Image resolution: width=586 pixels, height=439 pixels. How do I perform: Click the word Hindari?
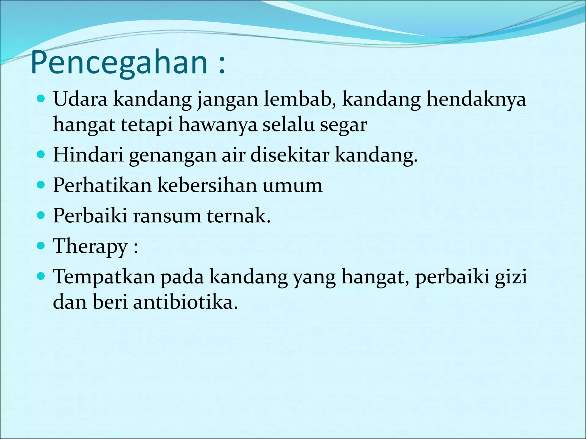click(88, 155)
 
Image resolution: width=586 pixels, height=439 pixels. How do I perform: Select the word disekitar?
click(290, 155)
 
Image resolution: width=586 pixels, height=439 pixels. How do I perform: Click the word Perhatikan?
click(102, 185)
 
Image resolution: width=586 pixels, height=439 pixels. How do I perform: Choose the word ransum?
click(167, 216)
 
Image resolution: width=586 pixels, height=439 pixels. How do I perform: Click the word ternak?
click(238, 216)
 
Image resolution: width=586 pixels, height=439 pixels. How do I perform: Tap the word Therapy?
click(90, 246)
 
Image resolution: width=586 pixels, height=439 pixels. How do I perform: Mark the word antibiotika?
click(185, 302)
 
